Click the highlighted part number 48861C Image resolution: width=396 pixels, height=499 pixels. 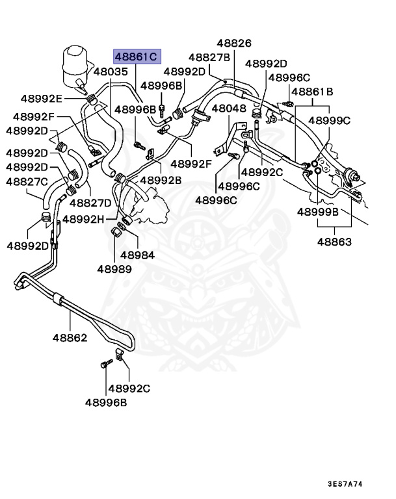pos(137,57)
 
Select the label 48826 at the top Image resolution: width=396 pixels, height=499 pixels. pos(234,44)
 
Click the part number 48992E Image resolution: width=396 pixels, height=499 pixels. pos(41,99)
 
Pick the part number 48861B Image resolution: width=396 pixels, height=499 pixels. pos(312,92)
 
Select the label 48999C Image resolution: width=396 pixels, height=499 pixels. pos(329,121)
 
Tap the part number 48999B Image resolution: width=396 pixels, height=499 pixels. pos(318,212)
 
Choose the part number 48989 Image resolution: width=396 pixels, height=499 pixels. pos(114,268)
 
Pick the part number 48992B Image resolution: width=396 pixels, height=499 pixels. pos(162,181)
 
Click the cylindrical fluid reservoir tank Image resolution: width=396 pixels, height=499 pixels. pos(77,64)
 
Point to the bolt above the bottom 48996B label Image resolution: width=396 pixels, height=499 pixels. pos(104,366)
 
